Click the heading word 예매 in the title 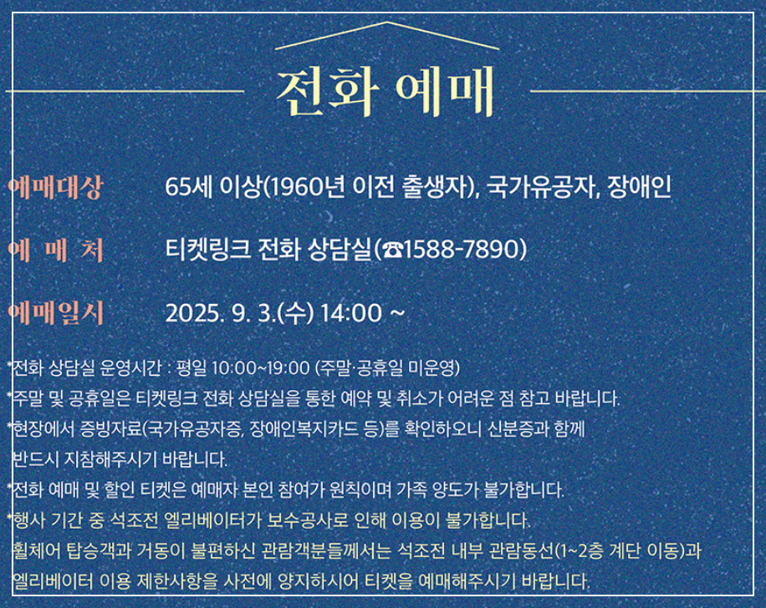point(444,89)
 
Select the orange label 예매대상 point(54,187)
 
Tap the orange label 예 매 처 point(54,250)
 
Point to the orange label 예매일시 point(54,313)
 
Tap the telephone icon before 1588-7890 point(392,250)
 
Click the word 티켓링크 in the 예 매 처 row point(197,249)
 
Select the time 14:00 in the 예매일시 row point(350,313)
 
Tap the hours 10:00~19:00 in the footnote point(261,367)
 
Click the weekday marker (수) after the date point(298,313)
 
